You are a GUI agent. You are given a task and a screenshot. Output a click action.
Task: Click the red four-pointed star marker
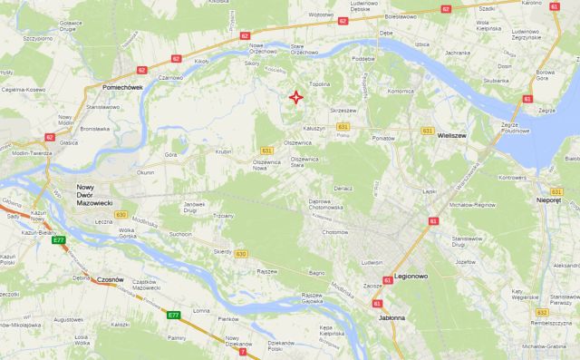click(295, 98)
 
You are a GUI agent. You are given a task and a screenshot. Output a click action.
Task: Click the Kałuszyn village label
click(314, 129)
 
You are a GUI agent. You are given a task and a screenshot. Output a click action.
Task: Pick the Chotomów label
click(334, 231)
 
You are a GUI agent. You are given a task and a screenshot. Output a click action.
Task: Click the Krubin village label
click(225, 151)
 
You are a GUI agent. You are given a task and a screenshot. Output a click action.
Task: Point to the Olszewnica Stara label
click(309, 163)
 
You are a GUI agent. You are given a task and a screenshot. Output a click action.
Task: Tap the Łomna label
click(201, 310)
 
